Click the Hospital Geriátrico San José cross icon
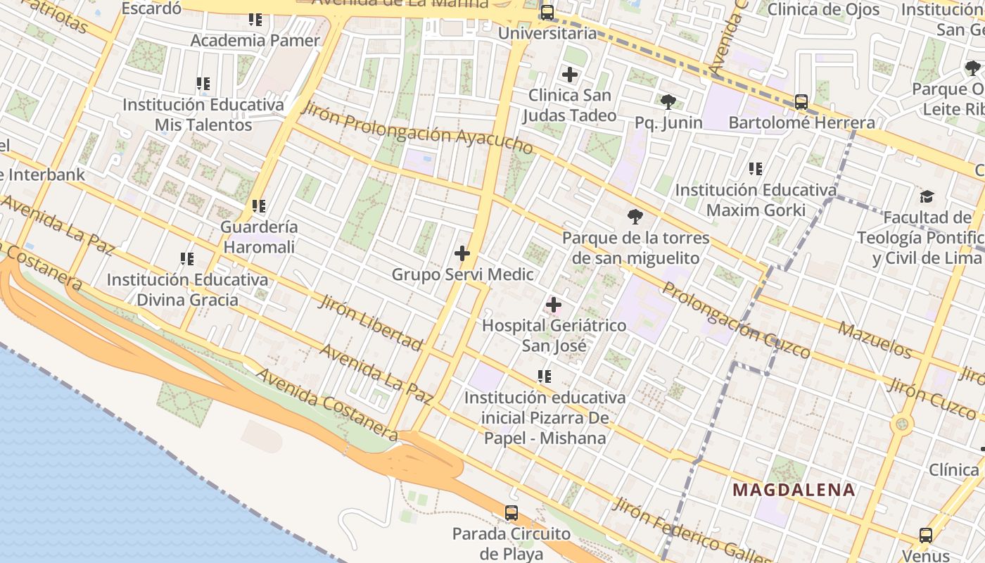(x=554, y=305)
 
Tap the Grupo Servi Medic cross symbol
(x=462, y=253)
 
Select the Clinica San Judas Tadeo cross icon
(x=570, y=74)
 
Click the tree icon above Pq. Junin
(x=668, y=102)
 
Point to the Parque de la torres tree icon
(x=635, y=216)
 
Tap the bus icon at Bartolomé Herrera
(x=801, y=102)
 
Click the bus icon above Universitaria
(x=547, y=13)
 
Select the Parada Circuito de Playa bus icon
(x=511, y=513)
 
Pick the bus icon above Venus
(x=926, y=536)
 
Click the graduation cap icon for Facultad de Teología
(x=927, y=196)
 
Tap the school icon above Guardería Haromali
(x=259, y=206)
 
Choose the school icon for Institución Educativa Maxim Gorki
(x=756, y=169)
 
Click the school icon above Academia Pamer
(x=255, y=20)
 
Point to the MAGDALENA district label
(x=794, y=490)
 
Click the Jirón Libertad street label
(x=370, y=323)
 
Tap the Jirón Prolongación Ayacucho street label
(x=417, y=127)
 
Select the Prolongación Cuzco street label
(x=736, y=320)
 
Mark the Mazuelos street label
(x=875, y=339)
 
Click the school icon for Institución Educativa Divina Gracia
(x=187, y=259)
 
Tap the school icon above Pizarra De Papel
(x=545, y=377)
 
